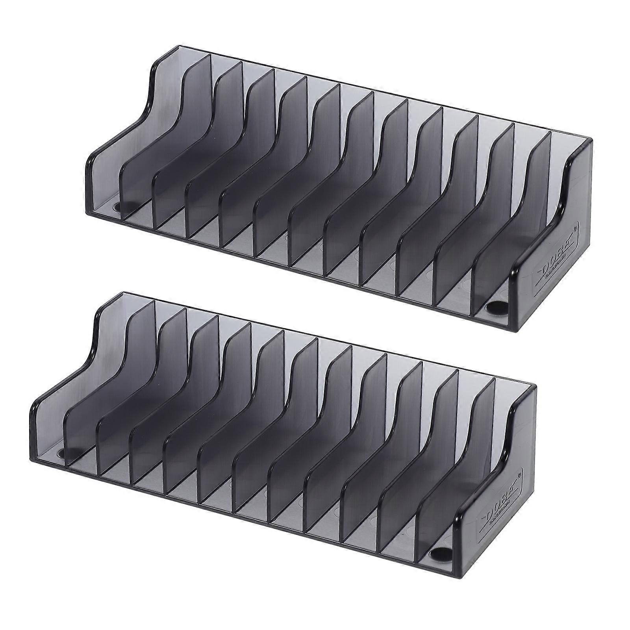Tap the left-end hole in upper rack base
click(118, 206)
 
